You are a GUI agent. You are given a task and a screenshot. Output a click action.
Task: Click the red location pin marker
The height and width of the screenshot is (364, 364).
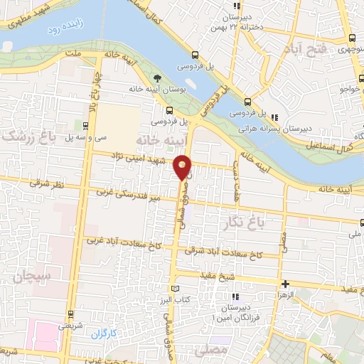(x=183, y=167)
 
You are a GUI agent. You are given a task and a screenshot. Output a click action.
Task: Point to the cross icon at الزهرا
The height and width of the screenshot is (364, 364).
(x=285, y=284)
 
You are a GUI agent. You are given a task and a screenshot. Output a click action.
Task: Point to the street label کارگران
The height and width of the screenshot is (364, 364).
(x=102, y=333)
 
